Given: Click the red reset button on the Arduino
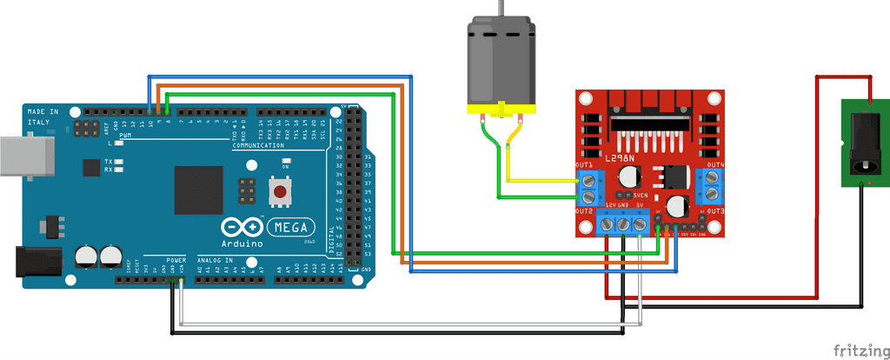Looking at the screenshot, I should (280, 191).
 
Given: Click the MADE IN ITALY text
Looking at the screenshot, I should (43, 117).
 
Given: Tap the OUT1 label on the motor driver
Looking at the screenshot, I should (584, 165).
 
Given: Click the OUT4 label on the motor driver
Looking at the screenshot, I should (715, 165).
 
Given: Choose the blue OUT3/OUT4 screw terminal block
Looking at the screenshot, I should (713, 185).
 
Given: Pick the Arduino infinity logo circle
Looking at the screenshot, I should (243, 228).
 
